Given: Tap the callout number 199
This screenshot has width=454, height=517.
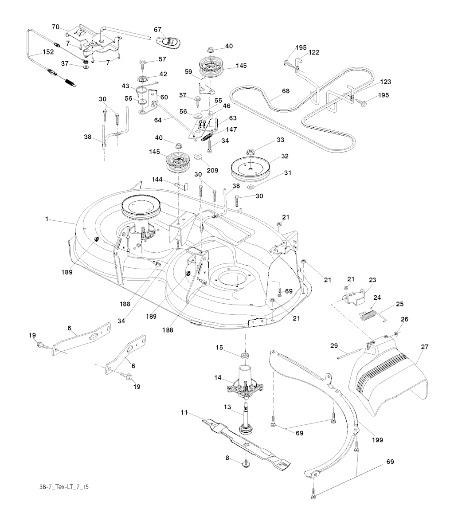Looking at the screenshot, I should (378, 440).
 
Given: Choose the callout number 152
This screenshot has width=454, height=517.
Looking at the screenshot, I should (48, 52).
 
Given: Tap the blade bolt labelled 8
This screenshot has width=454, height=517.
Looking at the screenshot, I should (245, 464).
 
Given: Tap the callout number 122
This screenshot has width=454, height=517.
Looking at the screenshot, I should (314, 52).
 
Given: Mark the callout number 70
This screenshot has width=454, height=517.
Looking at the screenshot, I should (55, 27).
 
